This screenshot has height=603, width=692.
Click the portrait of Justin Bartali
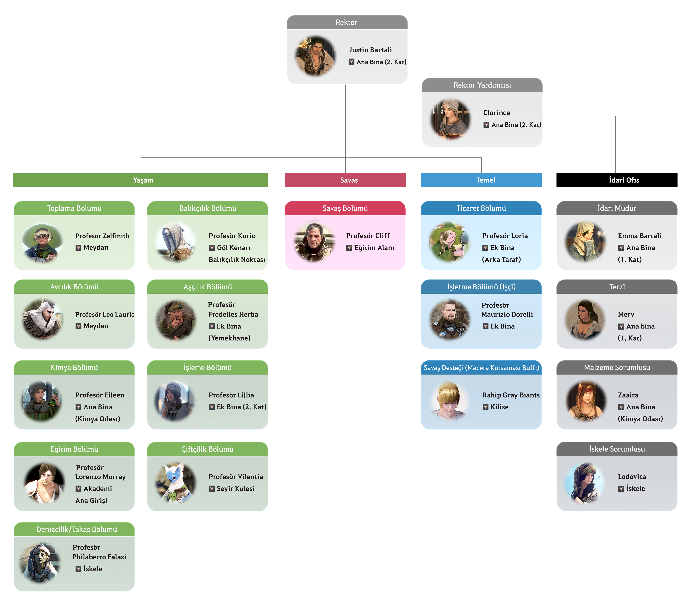point(315,56)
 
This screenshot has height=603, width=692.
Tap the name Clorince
point(496,113)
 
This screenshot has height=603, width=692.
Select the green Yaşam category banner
point(141,180)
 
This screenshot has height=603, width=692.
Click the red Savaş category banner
point(345,180)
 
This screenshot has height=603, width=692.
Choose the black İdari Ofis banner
point(617,180)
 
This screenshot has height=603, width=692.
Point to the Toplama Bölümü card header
point(74,208)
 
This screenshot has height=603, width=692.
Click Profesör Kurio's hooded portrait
point(175,242)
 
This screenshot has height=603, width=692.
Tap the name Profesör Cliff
point(367,236)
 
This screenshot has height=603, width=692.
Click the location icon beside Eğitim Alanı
point(349,248)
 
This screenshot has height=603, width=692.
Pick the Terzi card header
point(617,287)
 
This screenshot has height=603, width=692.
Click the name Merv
point(626,314)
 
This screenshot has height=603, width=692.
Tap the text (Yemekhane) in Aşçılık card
point(229,338)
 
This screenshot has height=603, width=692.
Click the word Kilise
point(499,407)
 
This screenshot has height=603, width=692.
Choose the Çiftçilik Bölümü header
point(207,449)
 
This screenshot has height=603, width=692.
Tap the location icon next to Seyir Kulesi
point(212,489)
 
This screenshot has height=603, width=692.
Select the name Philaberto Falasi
point(99,557)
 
